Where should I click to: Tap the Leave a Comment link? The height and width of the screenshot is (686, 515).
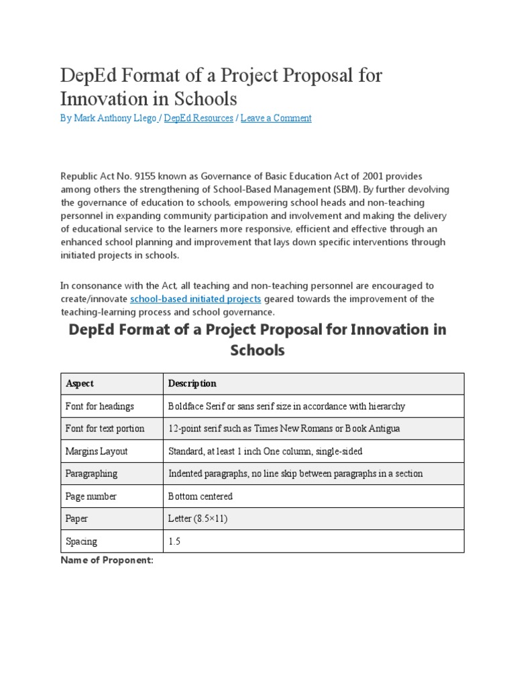pyautogui.click(x=276, y=119)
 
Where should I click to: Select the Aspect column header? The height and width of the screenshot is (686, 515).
pyautogui.click(x=80, y=383)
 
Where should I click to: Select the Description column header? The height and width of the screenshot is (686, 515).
pyautogui.click(x=192, y=383)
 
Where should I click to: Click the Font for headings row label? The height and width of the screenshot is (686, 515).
pyautogui.click(x=100, y=406)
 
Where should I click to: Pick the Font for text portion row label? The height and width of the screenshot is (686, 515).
pyautogui.click(x=105, y=429)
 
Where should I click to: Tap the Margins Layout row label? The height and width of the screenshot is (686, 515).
pyautogui.click(x=97, y=452)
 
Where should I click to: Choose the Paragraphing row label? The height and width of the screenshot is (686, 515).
pyautogui.click(x=91, y=474)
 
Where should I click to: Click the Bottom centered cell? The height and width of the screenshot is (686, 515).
pyautogui.click(x=201, y=496)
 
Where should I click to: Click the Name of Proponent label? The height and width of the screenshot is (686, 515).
pyautogui.click(x=107, y=561)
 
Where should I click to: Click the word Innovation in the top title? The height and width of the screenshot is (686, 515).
pyautogui.click(x=107, y=98)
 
